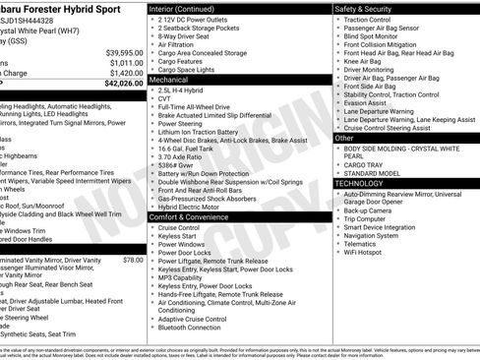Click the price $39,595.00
click(x=124, y=52)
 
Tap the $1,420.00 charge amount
click(x=126, y=73)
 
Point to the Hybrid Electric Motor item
click(x=193, y=208)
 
